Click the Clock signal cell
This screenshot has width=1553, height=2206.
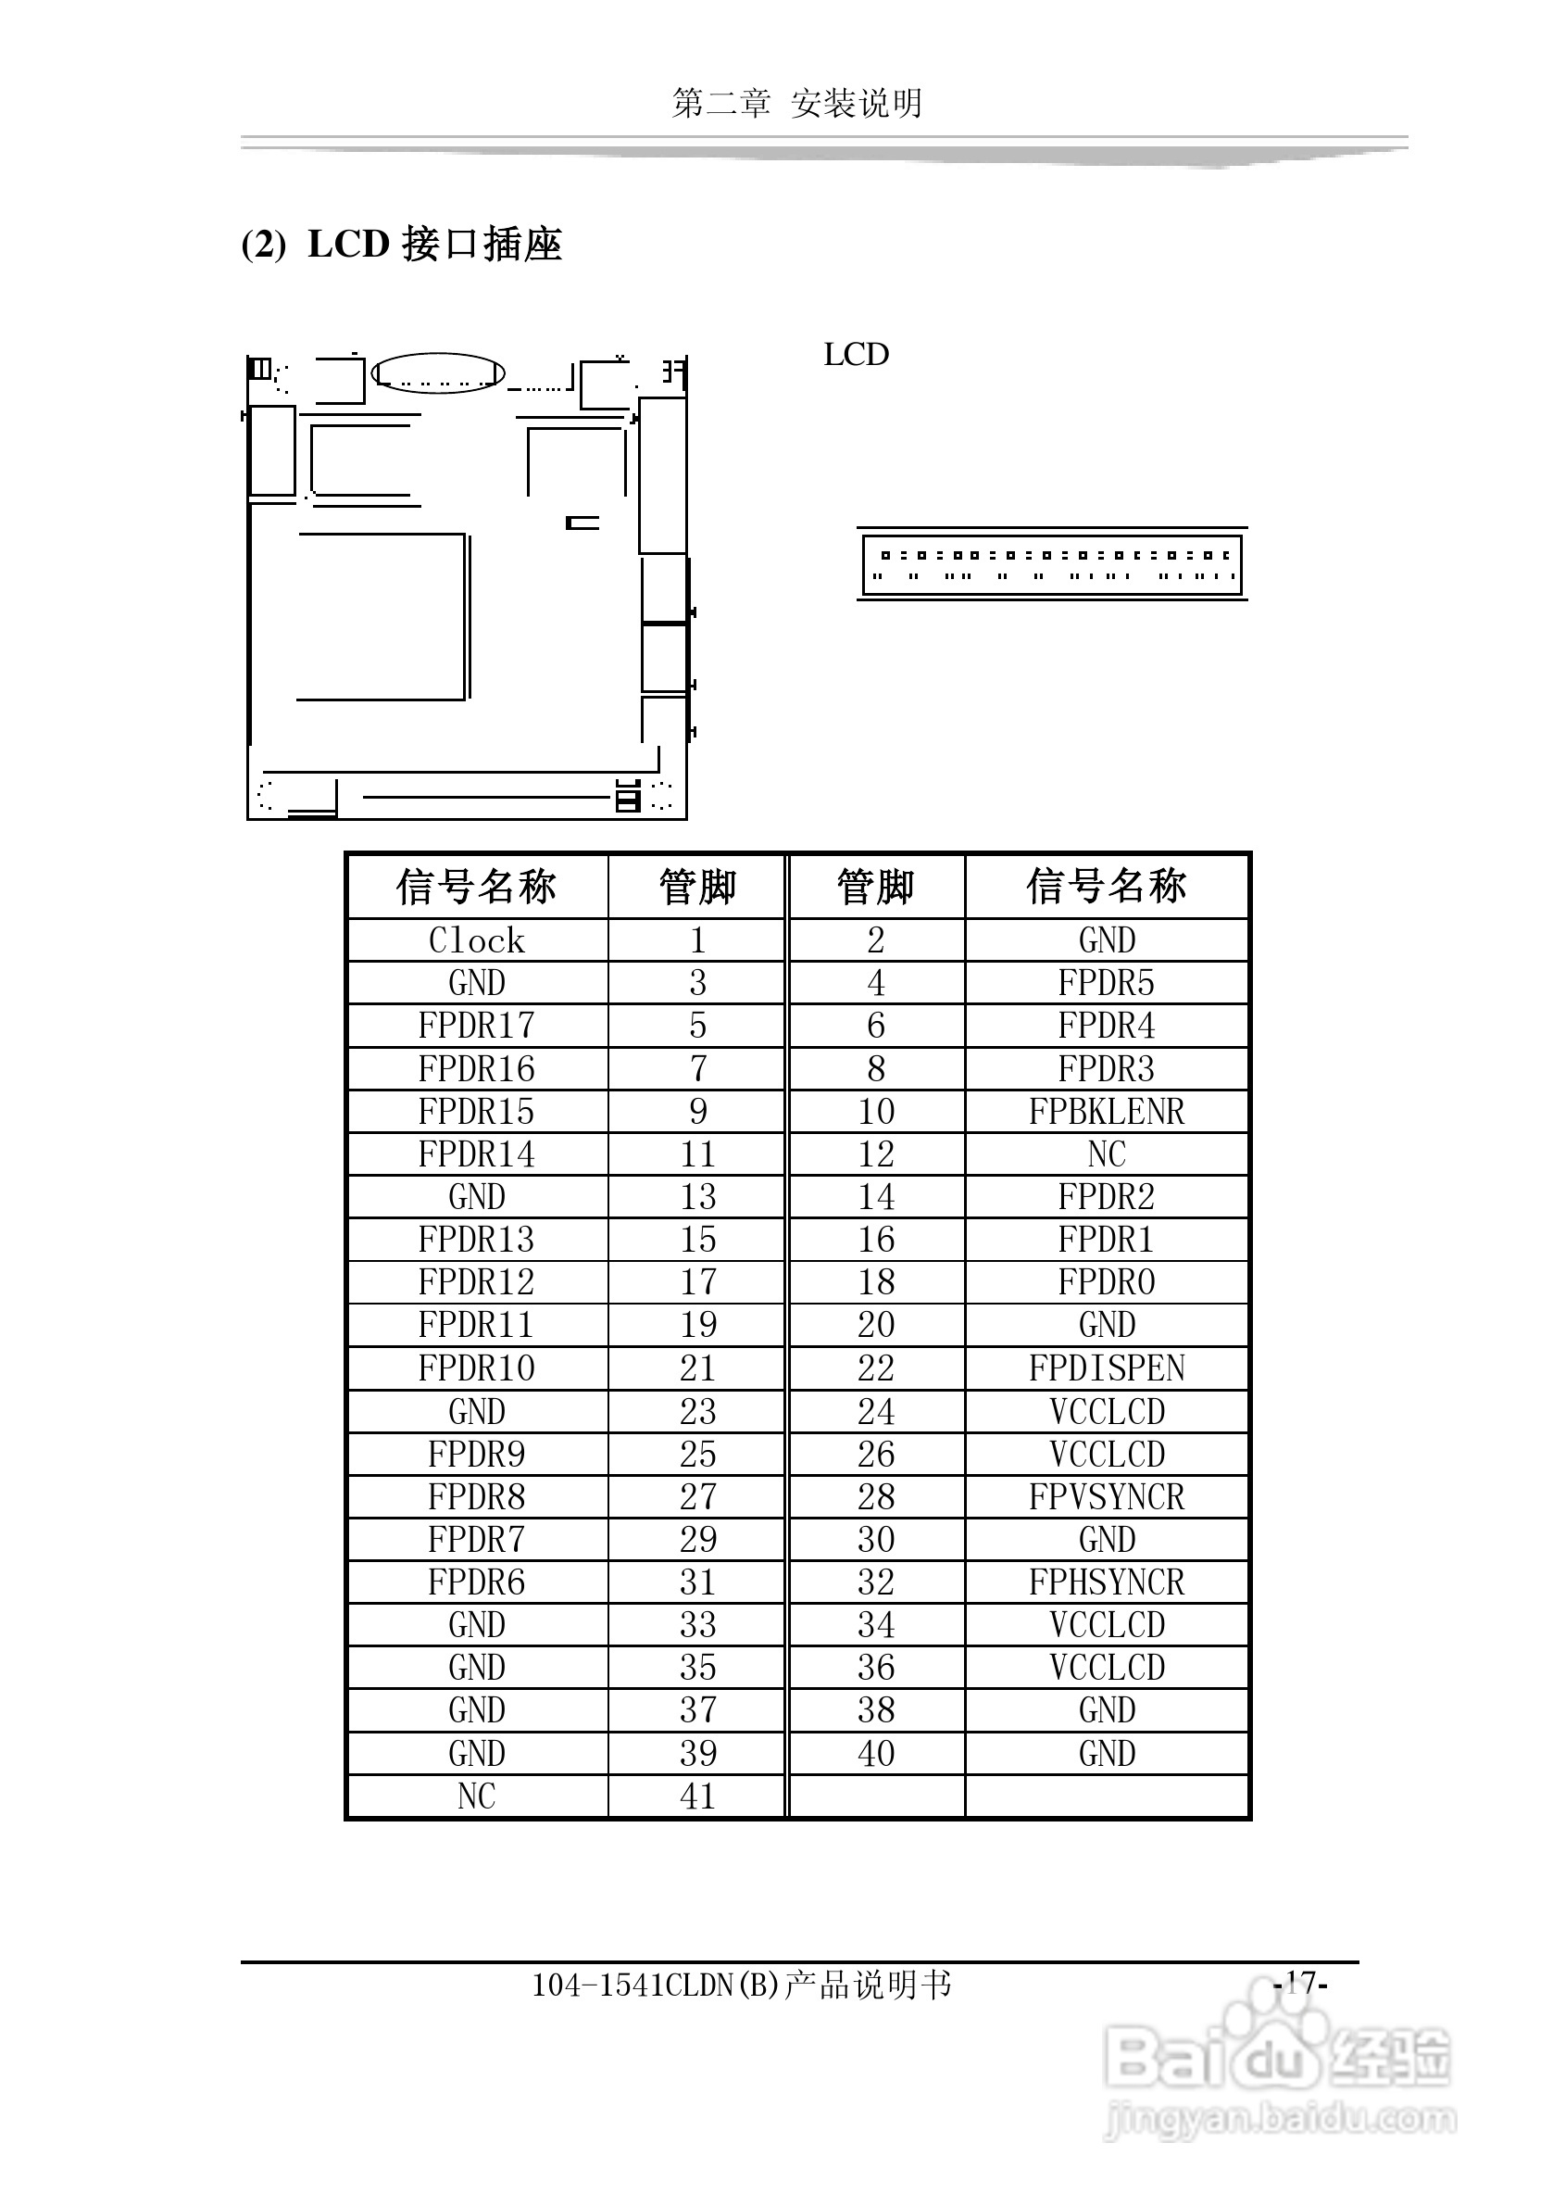pos(476,939)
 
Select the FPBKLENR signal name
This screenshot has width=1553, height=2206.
pos(1107,1112)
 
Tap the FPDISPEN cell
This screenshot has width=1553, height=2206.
pos(1107,1368)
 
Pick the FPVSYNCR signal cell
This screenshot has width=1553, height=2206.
pos(1107,1497)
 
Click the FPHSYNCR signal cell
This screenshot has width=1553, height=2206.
pos(1107,1582)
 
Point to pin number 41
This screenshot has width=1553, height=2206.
pos(697,1796)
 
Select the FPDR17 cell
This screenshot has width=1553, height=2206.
pos(476,1027)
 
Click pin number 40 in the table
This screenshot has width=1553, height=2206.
pos(876,1754)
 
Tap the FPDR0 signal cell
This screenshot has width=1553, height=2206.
pos(1107,1282)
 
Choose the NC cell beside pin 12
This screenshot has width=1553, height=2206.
pos(1107,1153)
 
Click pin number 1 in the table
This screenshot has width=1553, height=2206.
pos(697,939)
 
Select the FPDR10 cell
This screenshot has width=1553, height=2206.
pos(476,1368)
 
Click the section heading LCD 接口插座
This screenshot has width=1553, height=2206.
pos(435,244)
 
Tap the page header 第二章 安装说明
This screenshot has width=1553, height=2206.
pos(797,103)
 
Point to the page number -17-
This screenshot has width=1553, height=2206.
pos(1300,1982)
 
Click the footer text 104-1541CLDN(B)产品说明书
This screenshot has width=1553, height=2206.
pos(742,1985)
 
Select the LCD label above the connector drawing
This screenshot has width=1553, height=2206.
pos(856,355)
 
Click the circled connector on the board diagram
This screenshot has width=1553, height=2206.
pos(438,373)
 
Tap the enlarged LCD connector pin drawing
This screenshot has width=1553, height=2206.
pos(1052,565)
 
